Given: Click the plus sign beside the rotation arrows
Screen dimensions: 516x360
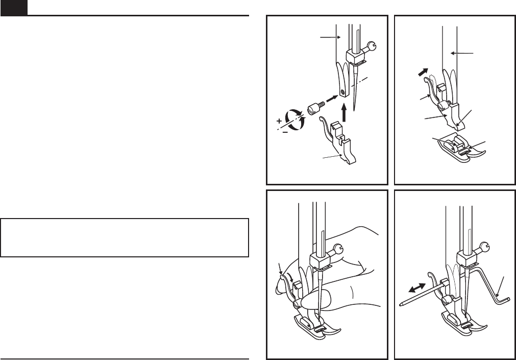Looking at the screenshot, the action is coord(279,121).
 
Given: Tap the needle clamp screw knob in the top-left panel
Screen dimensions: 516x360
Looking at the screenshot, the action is coord(374,45).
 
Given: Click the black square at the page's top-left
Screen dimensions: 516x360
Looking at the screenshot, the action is coord(13,8).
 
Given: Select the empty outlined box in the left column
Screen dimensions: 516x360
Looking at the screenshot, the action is coord(125,237).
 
